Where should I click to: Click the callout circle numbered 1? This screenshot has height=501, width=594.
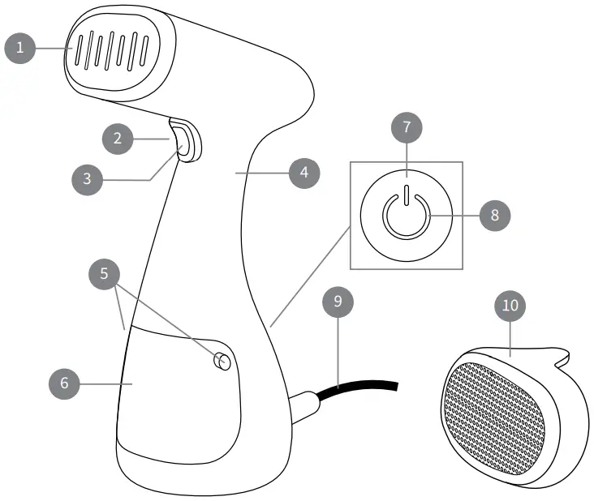[21, 48]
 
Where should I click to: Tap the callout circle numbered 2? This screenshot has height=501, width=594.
[118, 139]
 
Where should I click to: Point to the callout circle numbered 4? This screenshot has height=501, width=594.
[303, 172]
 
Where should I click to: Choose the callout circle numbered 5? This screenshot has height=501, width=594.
[104, 274]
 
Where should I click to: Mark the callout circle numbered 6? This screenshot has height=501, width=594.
[65, 383]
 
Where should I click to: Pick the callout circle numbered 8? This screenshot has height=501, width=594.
[493, 216]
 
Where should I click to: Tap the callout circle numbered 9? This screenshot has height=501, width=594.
[338, 302]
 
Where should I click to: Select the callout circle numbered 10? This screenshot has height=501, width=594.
[509, 306]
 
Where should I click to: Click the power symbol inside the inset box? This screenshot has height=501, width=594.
[406, 216]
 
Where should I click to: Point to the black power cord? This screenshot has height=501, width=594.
[365, 388]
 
